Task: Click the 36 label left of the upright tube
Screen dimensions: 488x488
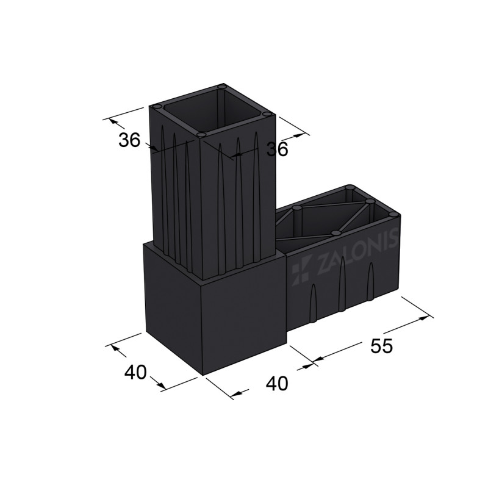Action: (129, 140)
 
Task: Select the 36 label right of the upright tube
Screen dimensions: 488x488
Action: (277, 149)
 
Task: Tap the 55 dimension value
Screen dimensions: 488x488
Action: (381, 346)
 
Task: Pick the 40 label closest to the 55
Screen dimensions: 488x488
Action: (276, 383)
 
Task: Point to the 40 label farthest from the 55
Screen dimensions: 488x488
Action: (135, 371)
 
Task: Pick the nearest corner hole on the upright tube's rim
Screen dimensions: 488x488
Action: (201, 134)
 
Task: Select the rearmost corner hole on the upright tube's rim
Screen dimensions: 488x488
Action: (223, 88)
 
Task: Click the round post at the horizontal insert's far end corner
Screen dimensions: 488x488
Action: (350, 188)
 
